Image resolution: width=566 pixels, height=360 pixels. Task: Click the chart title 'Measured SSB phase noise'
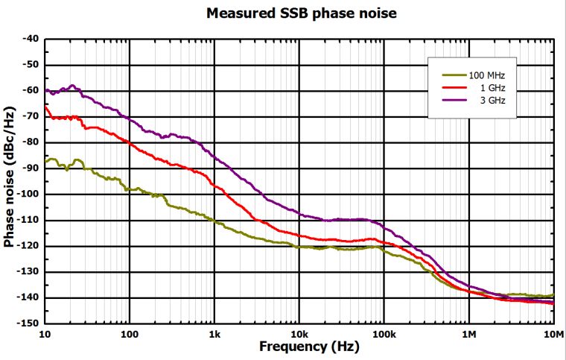pyautogui.click(x=301, y=13)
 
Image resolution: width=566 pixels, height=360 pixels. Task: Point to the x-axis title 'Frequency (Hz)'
pyautogui.click(x=299, y=347)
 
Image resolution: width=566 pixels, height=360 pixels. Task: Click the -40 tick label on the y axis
pyautogui.click(x=30, y=39)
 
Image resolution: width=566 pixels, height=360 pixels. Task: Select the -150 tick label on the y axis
pyautogui.click(x=28, y=324)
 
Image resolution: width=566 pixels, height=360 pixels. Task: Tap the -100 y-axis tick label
pyautogui.click(x=28, y=195)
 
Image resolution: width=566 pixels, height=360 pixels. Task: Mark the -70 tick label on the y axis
pyautogui.click(x=30, y=116)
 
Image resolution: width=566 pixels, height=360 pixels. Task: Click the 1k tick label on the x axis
pyautogui.click(x=214, y=335)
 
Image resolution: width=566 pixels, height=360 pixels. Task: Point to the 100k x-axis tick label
pyautogui.click(x=384, y=335)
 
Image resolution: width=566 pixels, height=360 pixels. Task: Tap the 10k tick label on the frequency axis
pyautogui.click(x=299, y=335)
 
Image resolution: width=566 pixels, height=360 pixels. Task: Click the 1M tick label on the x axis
pyautogui.click(x=468, y=335)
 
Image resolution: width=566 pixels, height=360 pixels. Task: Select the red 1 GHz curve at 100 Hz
pyautogui.click(x=130, y=142)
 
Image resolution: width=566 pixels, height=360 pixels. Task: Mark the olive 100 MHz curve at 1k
pyautogui.click(x=214, y=222)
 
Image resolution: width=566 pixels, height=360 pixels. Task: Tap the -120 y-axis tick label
pyautogui.click(x=28, y=247)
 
